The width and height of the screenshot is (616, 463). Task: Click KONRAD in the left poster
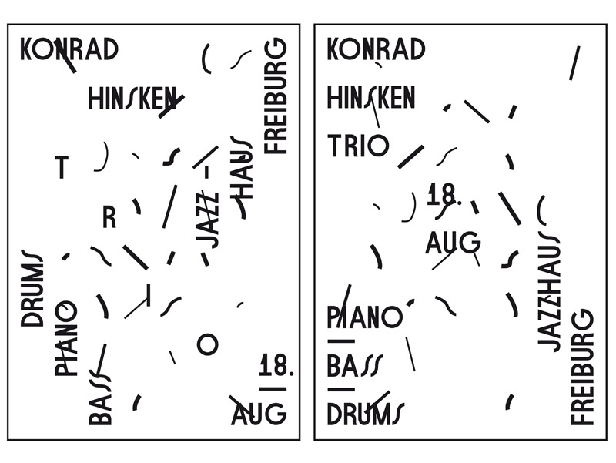[69, 49]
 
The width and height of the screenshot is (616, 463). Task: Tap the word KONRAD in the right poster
[376, 49]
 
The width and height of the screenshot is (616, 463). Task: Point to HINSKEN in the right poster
[371, 99]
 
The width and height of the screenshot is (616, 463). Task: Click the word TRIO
[358, 146]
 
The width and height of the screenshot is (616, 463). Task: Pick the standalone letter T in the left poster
[62, 167]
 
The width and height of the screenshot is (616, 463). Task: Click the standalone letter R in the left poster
[109, 217]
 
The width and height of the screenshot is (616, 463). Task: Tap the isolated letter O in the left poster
[207, 344]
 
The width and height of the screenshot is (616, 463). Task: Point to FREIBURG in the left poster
[276, 96]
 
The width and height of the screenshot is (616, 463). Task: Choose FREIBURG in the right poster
[582, 367]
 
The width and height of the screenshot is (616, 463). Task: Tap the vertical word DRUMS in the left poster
[32, 288]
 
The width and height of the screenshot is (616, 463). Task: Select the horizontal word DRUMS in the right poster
[365, 414]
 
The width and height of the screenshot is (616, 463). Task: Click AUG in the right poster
[453, 242]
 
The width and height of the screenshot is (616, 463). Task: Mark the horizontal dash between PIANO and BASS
[341, 341]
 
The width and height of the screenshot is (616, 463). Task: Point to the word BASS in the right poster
[354, 365]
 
